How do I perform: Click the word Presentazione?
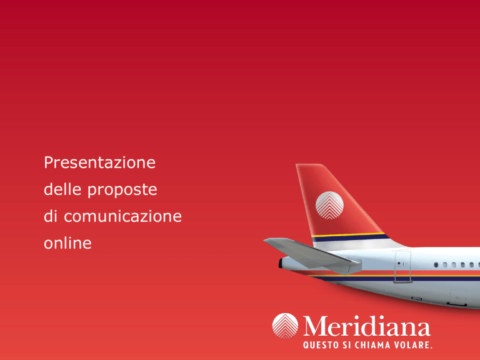click(99, 162)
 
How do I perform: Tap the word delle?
click(62, 189)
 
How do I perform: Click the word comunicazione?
click(122, 216)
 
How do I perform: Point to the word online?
click(67, 242)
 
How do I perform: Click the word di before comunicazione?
click(51, 216)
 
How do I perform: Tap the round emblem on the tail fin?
click(329, 206)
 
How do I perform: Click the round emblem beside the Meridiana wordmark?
click(285, 326)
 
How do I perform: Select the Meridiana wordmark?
click(367, 326)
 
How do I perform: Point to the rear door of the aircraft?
click(403, 266)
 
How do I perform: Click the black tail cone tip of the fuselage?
click(280, 263)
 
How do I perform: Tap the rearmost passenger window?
click(436, 265)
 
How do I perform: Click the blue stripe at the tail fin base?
click(351, 238)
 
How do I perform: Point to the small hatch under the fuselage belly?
click(457, 297)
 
